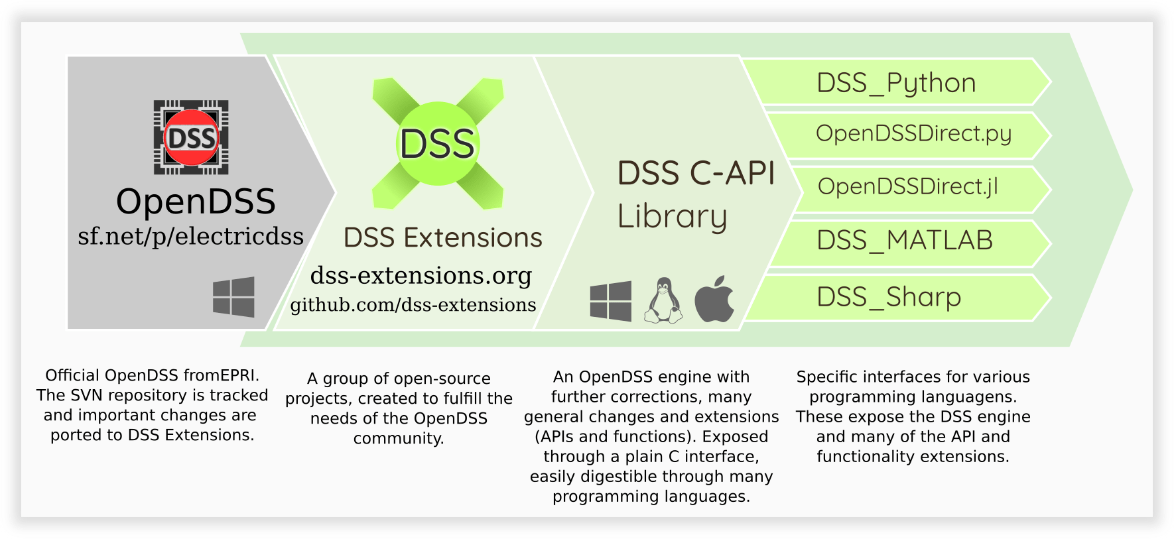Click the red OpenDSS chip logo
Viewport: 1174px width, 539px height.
coord(191,138)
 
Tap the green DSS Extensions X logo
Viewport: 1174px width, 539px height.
coord(438,143)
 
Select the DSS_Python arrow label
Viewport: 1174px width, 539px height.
coord(896,83)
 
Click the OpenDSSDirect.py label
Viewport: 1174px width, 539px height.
coord(913,134)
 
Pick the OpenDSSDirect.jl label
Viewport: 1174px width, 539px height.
coord(907,187)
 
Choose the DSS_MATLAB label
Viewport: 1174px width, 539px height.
coord(905,240)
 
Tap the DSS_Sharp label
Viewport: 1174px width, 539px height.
coord(889,297)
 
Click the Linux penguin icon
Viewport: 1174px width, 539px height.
coord(663,301)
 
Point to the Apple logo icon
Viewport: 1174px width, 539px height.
coord(714,300)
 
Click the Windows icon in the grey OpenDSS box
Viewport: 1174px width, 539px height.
coord(233,296)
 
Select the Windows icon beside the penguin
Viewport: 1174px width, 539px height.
coord(610,301)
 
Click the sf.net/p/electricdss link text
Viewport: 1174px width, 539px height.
coord(191,236)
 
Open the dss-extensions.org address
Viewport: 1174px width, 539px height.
coord(421,275)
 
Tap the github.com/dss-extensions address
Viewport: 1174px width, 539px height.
coord(413,305)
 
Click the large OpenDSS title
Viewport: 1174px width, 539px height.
coord(196,202)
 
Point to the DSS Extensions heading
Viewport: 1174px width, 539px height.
coord(442,237)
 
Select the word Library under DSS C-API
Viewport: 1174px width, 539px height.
coord(672,217)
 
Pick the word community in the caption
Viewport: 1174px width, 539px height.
coord(398,438)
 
